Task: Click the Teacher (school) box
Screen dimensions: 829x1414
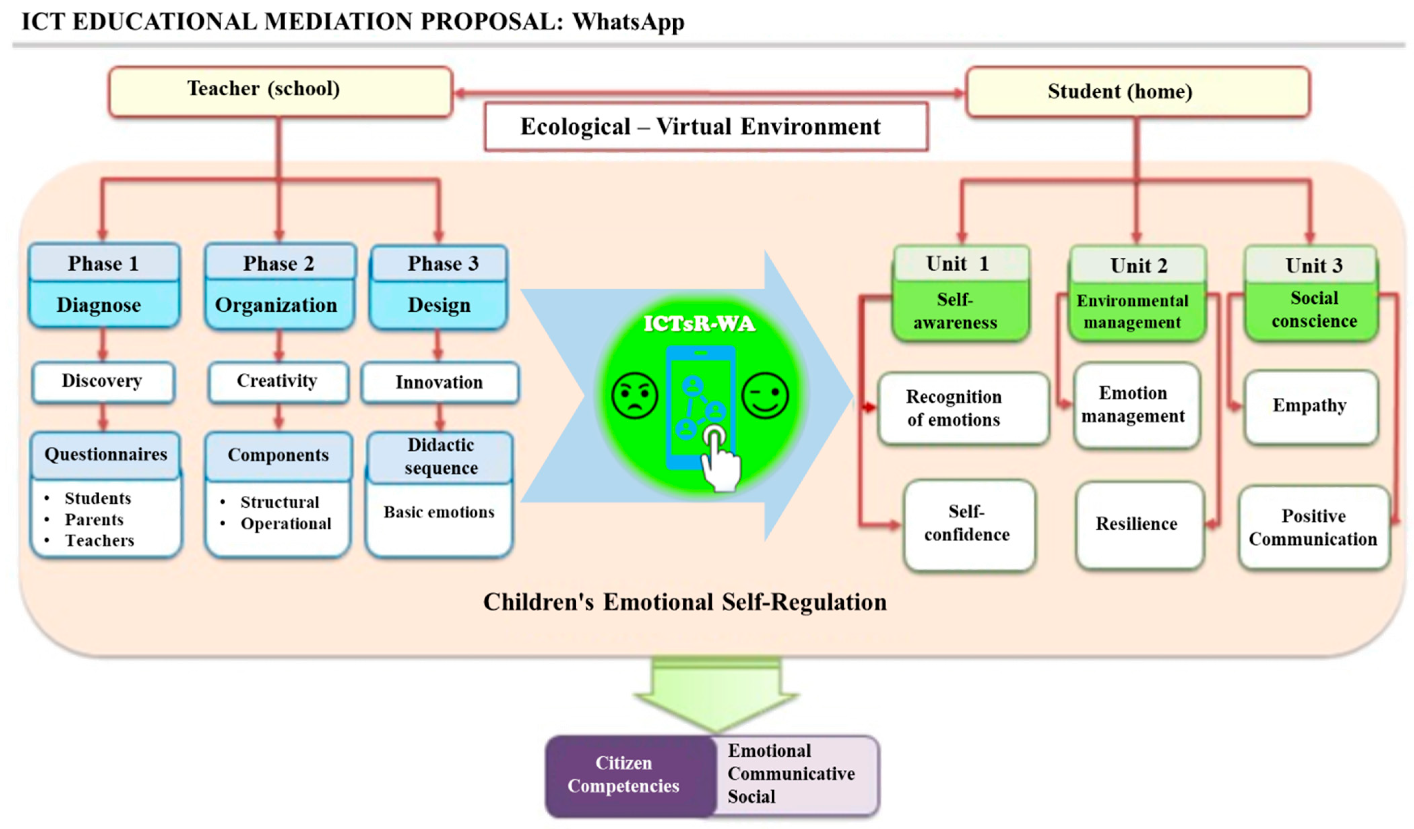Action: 280,91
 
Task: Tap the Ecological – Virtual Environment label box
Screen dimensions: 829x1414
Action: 706,127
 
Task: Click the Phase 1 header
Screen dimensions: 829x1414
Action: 104,263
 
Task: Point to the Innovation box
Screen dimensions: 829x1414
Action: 439,382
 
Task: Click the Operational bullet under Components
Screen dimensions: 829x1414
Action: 286,524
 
